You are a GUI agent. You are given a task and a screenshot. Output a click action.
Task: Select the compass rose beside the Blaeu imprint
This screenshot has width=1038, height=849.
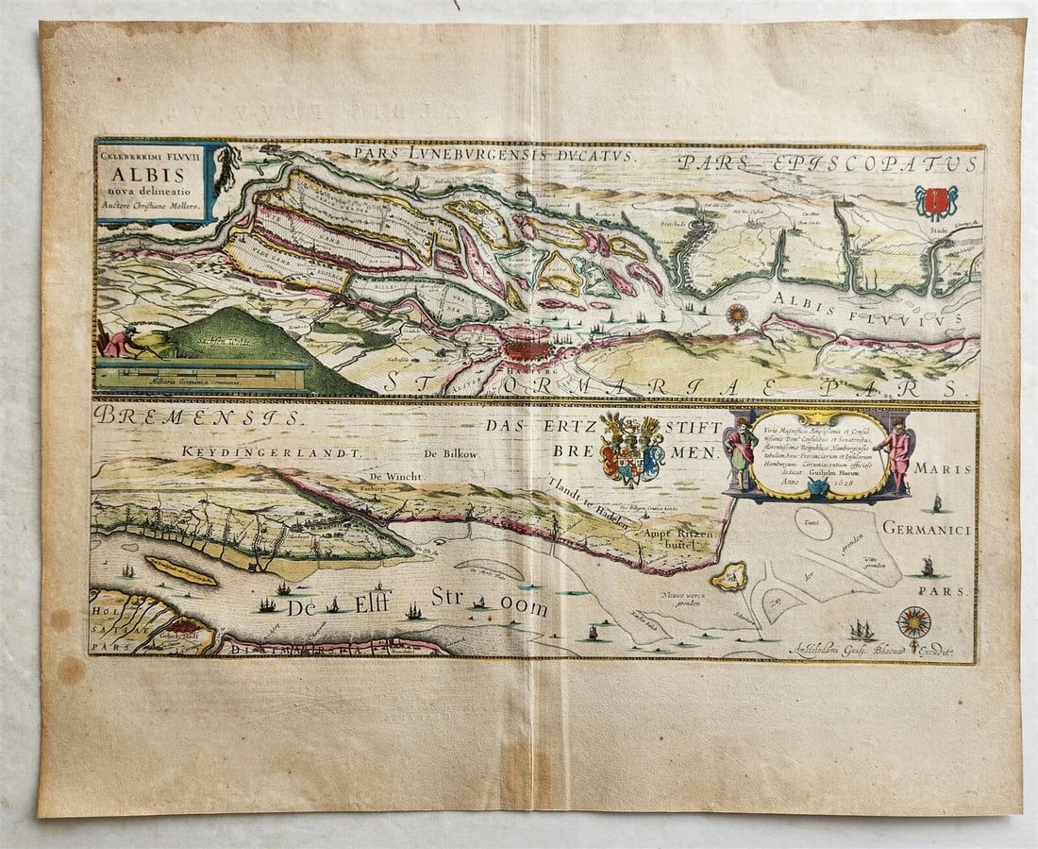(914, 621)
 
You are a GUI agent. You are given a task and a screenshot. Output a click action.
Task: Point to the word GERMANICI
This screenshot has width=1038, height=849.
(928, 530)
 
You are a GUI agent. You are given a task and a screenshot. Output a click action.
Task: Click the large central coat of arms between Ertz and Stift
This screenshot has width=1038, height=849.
(632, 450)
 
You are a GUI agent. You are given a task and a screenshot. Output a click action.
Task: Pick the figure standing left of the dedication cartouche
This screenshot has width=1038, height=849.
(742, 451)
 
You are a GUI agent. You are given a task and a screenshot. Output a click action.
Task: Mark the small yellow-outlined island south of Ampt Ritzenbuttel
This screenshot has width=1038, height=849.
(729, 576)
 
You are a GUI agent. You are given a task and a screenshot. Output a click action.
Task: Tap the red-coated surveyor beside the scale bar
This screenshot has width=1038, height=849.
(119, 341)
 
